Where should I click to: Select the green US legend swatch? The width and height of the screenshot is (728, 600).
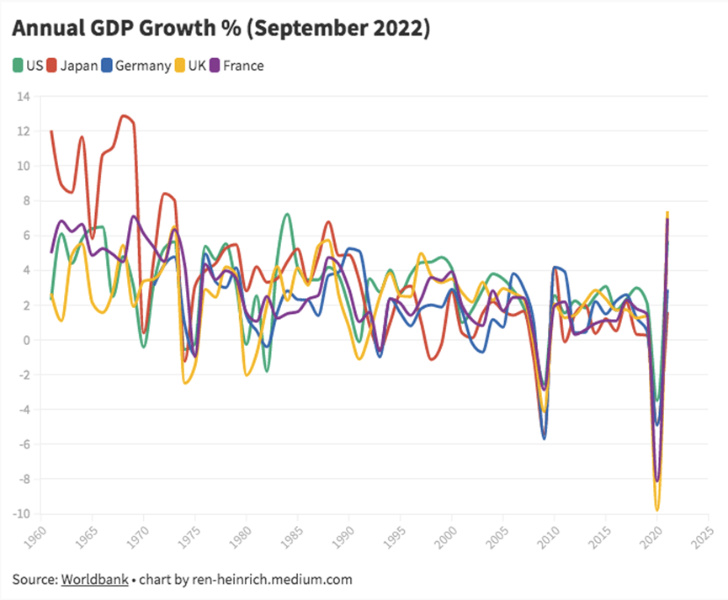[x=19, y=65]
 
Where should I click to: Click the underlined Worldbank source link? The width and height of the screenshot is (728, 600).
[x=94, y=580]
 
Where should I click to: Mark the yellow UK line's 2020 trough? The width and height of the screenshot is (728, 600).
[x=656, y=509]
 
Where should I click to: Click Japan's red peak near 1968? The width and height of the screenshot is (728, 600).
[x=124, y=116]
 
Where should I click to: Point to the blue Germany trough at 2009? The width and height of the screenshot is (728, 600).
[x=545, y=438]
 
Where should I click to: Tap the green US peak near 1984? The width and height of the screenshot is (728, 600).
[x=287, y=215]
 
